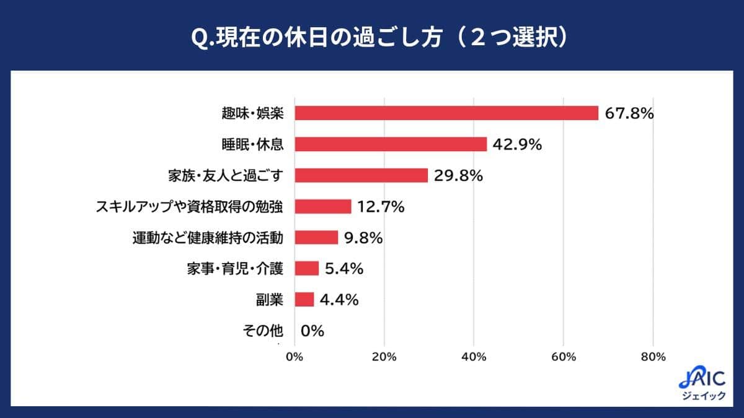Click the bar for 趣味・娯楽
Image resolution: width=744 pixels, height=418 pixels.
pos(446,113)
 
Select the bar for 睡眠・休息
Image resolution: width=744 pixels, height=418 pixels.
pos(391,144)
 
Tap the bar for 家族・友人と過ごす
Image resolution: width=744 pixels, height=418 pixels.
pos(361,175)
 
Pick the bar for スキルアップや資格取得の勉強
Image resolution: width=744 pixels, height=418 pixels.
pos(323,206)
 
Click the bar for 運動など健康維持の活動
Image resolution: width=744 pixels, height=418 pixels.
pos(316,238)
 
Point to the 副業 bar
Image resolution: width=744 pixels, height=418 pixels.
pos(304,300)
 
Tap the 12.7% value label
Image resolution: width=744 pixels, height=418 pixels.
pos(380,207)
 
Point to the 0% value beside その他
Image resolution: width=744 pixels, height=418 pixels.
pos(312,331)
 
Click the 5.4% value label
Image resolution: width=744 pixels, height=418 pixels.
pos(343,269)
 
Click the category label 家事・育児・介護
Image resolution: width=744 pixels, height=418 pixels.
pos(234,269)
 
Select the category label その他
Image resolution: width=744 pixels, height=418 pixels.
pos(263,331)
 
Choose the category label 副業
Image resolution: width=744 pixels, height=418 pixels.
pos(270,300)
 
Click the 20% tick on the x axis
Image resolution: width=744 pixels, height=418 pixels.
pos(384,357)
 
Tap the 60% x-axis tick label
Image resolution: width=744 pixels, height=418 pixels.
pos(563,357)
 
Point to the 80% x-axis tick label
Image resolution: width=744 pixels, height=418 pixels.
pos(653,357)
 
